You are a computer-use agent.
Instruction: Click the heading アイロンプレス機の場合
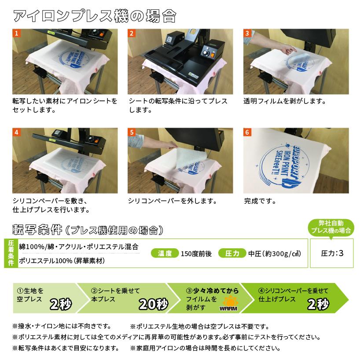pyautogui.click(x=94, y=16)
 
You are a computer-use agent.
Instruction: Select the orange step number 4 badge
pyautogui.click(x=17, y=132)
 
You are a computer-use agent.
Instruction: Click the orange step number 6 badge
pyautogui.click(x=248, y=132)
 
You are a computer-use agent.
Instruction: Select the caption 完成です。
pyautogui.click(x=260, y=201)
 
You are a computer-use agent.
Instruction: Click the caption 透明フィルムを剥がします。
pyautogui.click(x=284, y=101)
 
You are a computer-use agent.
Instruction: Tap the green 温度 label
pyautogui.click(x=164, y=253)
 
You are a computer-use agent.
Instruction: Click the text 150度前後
pyautogui.click(x=196, y=253)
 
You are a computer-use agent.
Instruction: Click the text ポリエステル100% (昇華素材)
pyautogui.click(x=61, y=261)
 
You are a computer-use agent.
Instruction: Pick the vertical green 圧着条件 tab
pyautogui.click(x=10, y=253)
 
